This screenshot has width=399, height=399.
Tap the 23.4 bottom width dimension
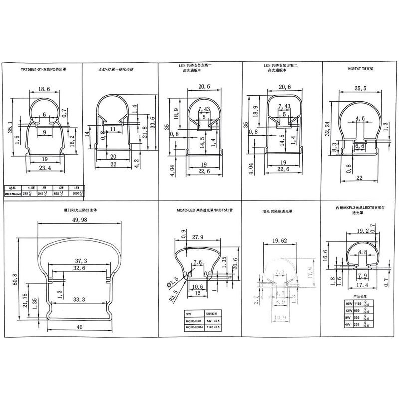click(x=46, y=168)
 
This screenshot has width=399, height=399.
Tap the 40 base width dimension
click(x=80, y=327)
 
